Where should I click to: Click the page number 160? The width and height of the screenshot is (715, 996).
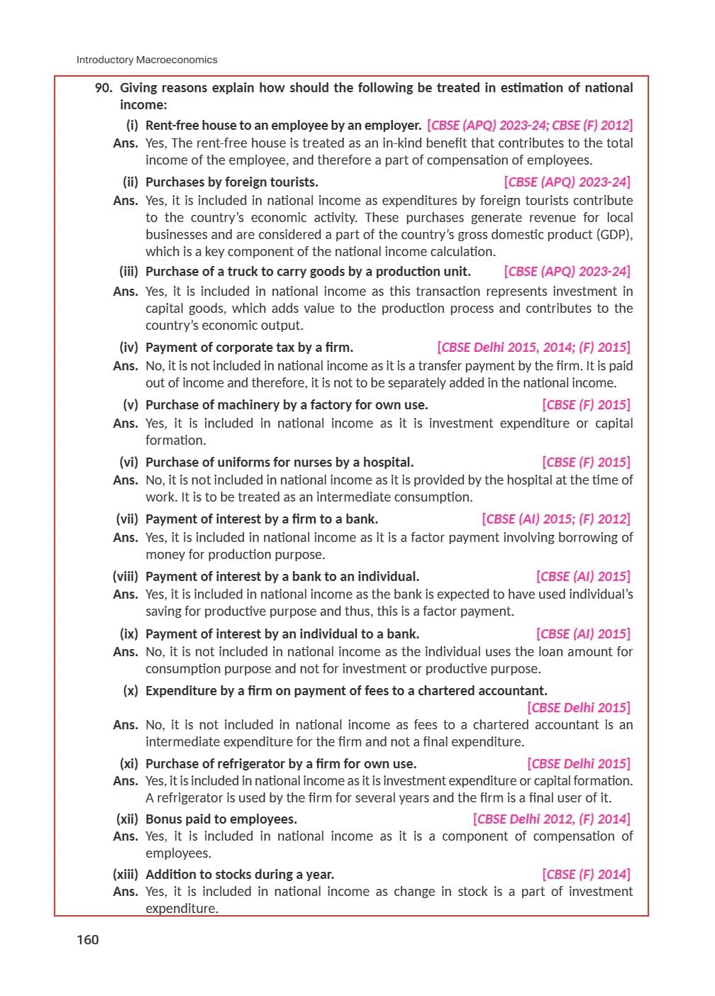(88, 940)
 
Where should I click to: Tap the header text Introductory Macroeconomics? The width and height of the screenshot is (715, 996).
(147, 60)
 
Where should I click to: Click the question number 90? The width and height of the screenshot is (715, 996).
(104, 88)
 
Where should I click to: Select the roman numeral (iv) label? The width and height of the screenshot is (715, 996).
(128, 348)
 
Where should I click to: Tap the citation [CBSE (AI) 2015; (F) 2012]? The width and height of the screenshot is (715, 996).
(555, 519)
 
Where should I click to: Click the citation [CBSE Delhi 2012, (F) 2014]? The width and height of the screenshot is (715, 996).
(551, 819)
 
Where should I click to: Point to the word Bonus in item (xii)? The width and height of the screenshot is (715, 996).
(163, 819)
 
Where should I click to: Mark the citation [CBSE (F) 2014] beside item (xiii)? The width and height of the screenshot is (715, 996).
(586, 875)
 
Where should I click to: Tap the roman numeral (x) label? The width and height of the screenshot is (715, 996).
(131, 691)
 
